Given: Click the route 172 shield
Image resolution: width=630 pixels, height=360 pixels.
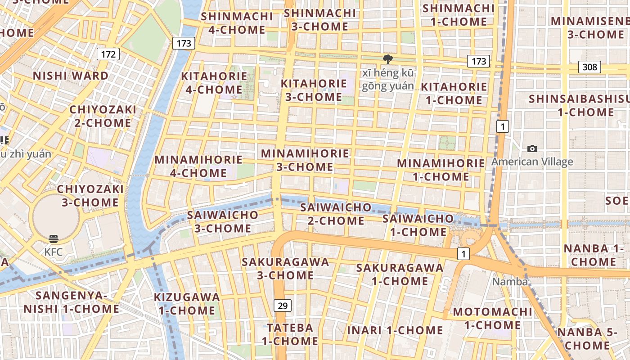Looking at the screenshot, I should tap(108, 54).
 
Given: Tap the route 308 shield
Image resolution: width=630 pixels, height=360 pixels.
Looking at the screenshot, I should tap(589, 67).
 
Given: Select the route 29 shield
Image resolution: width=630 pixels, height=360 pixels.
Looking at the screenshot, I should tap(282, 306).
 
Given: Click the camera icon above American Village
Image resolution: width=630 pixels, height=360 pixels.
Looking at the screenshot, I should tap(532, 148).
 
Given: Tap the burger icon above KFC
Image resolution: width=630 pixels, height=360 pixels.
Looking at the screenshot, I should tap(54, 238).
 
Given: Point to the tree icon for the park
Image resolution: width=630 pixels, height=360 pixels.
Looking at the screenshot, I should tap(387, 59).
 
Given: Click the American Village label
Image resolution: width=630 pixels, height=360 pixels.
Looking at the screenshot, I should tap(532, 162).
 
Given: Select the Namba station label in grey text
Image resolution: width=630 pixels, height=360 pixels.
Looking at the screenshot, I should tap(510, 282).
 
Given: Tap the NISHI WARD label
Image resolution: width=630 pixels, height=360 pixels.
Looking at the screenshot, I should tap(71, 76).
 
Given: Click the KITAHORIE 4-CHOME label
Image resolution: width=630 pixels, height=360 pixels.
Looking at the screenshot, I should tap(214, 83).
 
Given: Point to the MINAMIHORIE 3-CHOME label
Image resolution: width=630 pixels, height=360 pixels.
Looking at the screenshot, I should tap(305, 160).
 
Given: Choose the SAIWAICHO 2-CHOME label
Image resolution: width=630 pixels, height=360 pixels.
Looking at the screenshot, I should tap(336, 214).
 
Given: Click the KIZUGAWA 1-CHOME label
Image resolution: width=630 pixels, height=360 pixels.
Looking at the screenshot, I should tap(187, 304).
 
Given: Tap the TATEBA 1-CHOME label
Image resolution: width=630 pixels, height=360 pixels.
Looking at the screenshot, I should tap(290, 334).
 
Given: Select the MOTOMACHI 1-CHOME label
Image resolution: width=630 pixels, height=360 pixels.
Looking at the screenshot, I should tap(492, 318).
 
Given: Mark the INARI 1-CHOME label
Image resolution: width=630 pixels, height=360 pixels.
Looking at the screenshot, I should tap(395, 330).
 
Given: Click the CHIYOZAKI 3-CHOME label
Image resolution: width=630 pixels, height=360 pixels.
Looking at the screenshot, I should tap(90, 196).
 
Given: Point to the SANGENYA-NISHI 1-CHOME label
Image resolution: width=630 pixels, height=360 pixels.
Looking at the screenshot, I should tap(71, 302).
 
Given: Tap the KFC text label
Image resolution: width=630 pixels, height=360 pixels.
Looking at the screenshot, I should tap(53, 252).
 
